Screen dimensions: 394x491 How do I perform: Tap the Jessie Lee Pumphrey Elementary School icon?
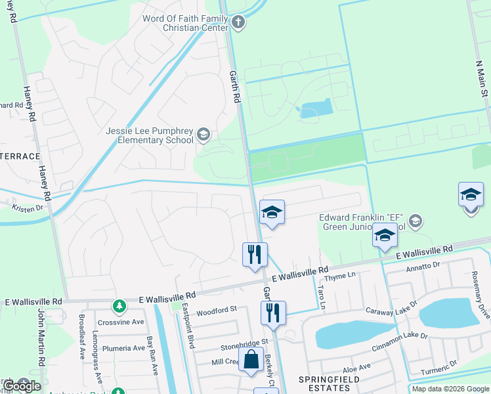click(x=203, y=135)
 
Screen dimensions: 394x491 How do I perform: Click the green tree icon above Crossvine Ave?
click(x=119, y=306)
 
